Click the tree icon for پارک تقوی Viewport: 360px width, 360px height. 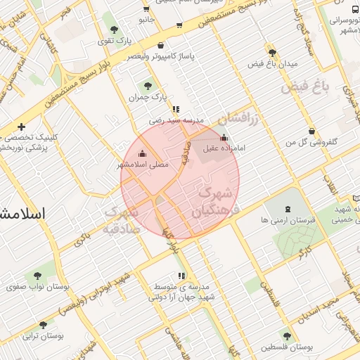114,30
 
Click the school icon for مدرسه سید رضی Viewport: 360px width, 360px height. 175,109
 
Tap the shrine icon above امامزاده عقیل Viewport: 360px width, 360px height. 224,137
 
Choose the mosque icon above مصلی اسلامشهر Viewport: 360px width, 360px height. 143,153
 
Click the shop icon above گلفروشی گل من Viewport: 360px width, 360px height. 311,130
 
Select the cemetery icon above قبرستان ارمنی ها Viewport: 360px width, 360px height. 288,209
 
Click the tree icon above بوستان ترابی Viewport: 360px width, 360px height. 44,325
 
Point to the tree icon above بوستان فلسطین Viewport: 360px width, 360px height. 286,336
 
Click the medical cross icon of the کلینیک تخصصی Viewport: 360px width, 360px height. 22,127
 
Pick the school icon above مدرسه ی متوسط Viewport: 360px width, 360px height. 182,276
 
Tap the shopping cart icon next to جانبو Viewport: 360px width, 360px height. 146,9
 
